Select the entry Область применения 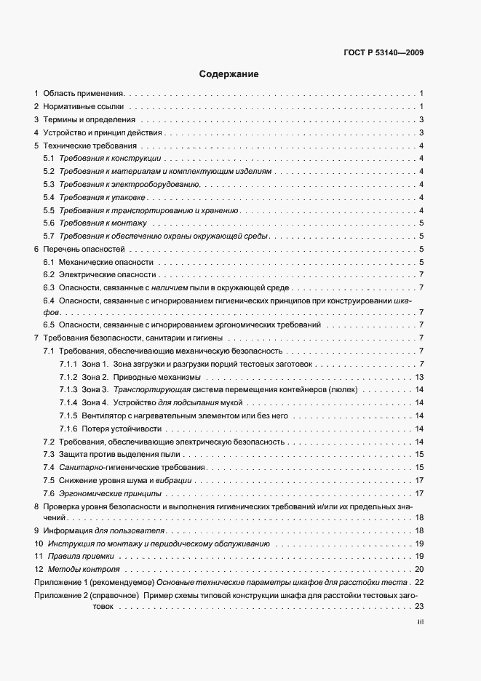pyautogui.click(x=84, y=94)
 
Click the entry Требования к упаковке pyautogui.click(x=103, y=198)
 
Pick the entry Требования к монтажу pyautogui.click(x=103, y=223)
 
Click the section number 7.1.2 pyautogui.click(x=68, y=377)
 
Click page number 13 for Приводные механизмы pyautogui.click(x=419, y=377)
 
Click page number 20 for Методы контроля pyautogui.click(x=419, y=570)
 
